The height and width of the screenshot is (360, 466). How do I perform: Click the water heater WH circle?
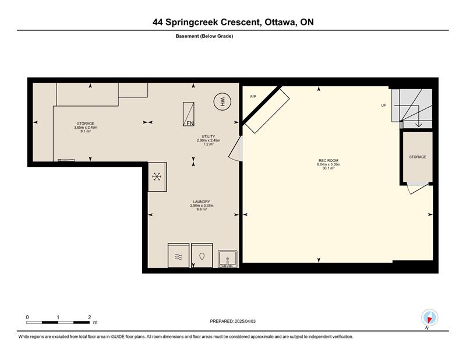(222, 102)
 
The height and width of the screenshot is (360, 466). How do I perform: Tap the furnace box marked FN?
(188, 114)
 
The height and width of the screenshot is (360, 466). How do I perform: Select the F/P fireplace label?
(253, 97)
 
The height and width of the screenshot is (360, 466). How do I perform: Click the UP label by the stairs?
(384, 105)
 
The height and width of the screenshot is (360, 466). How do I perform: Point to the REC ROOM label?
(329, 161)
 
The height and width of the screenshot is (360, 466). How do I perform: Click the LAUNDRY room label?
(202, 202)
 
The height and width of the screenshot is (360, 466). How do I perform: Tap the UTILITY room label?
(209, 136)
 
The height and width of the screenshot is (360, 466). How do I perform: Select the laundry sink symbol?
(228, 259)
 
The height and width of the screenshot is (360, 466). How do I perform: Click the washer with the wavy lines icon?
(178, 256)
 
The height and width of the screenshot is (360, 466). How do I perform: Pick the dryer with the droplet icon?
(202, 256)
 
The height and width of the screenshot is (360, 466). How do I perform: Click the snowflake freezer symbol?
(157, 177)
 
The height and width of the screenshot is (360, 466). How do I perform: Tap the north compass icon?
(429, 317)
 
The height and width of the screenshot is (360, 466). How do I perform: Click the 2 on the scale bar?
(90, 317)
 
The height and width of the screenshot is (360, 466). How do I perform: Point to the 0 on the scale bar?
(27, 317)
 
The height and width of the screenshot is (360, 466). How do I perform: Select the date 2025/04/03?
(245, 322)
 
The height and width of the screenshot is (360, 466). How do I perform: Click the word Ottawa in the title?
(280, 22)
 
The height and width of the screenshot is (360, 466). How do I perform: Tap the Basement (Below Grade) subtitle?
(204, 36)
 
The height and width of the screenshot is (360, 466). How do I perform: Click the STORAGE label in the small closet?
(418, 157)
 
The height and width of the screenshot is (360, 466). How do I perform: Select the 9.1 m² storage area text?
(86, 131)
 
